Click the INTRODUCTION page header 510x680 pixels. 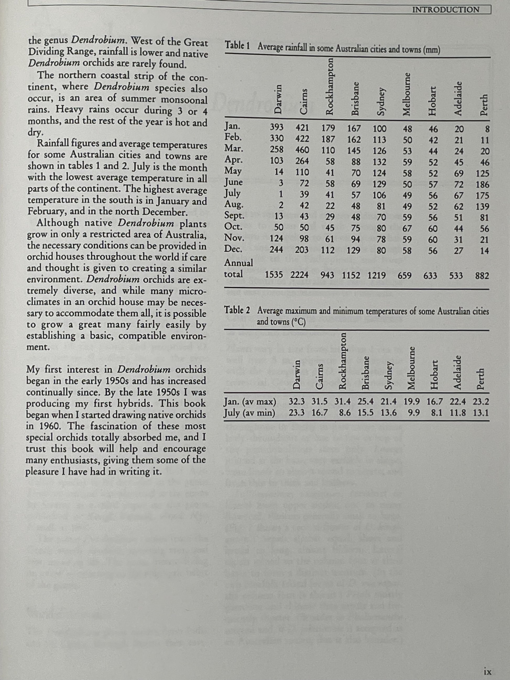(x=446, y=10)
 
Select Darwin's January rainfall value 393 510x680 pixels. (x=277, y=128)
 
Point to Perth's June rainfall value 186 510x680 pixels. (x=482, y=185)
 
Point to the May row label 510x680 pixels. (x=233, y=170)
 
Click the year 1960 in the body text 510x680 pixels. (x=46, y=426)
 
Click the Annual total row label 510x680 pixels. (x=238, y=268)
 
